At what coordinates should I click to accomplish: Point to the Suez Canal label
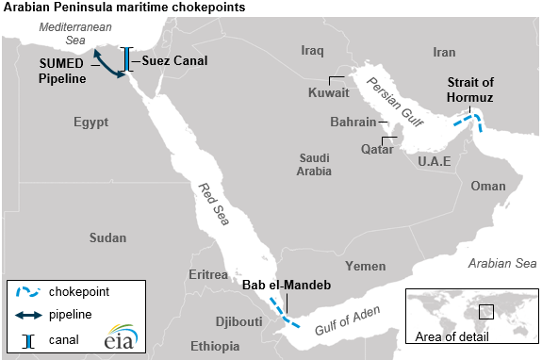175,60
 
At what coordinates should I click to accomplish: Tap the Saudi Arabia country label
315,165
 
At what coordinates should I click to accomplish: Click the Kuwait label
328,93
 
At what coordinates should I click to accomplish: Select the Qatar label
377,150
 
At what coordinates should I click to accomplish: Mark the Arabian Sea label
500,264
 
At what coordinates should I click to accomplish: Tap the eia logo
97,335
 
